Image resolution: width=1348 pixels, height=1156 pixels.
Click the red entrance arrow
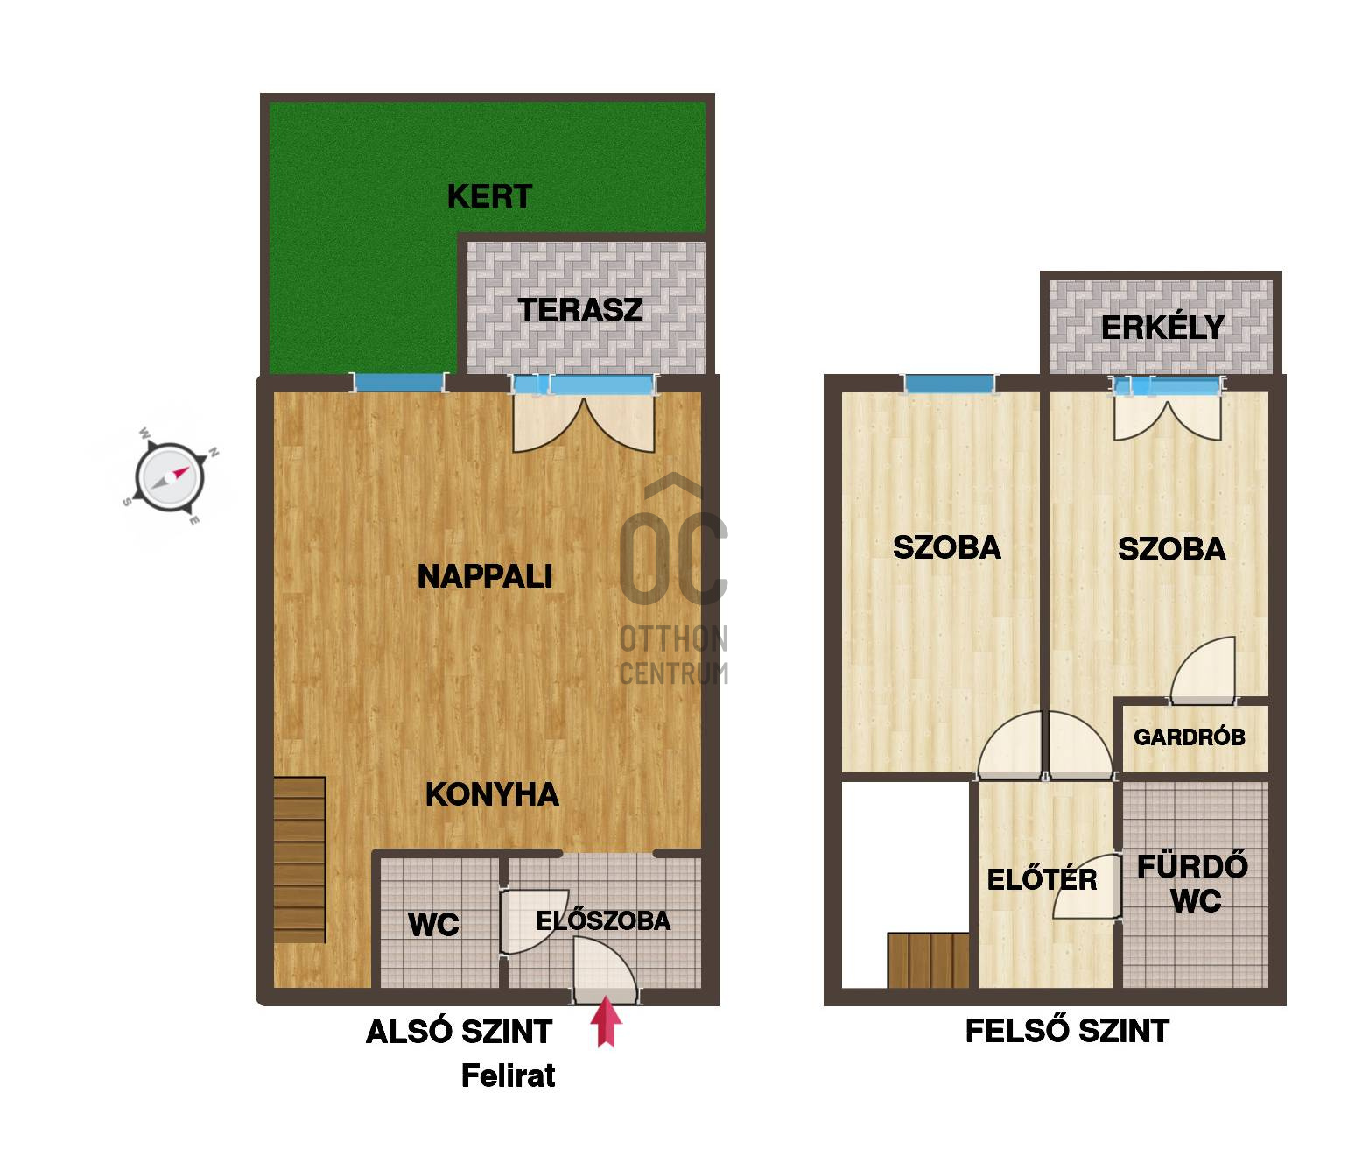tap(606, 1021)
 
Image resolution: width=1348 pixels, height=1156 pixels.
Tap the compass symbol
tap(170, 477)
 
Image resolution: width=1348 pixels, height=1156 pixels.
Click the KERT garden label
tap(490, 196)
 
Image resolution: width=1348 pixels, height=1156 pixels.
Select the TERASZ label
tap(580, 310)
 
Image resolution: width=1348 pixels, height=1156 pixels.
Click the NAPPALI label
tap(485, 577)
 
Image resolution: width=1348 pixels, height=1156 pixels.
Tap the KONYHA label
tap(493, 794)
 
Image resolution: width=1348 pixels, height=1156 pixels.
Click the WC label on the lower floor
tap(433, 925)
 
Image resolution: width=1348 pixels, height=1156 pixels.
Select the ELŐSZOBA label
tap(603, 921)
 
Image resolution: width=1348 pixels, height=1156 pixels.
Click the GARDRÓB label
tap(1190, 737)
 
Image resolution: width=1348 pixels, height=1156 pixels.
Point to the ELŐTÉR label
tap(1042, 879)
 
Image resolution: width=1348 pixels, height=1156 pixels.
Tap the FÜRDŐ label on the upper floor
tap(1192, 867)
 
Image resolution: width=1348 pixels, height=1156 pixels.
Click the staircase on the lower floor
tap(299, 860)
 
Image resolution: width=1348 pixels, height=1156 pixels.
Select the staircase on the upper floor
tap(929, 961)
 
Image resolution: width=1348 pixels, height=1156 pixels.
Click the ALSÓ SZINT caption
tap(460, 1032)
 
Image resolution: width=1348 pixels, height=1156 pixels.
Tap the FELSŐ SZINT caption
tap(1067, 1031)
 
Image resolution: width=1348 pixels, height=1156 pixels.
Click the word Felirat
tap(508, 1075)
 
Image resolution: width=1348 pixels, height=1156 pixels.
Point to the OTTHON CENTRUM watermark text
tap(674, 656)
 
